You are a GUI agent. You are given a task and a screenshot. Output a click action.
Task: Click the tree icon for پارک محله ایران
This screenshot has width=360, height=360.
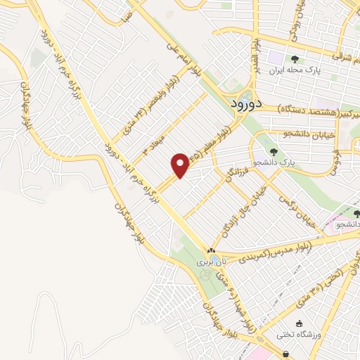point(295,59)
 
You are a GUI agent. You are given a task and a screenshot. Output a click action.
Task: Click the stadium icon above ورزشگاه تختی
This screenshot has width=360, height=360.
point(300,323)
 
